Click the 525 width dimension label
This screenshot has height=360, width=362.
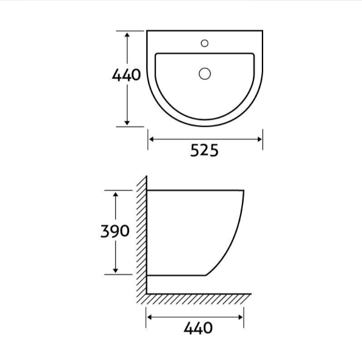point(204,151)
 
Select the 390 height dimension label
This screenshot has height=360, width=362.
point(114,231)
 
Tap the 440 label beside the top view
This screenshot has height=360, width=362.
point(126,75)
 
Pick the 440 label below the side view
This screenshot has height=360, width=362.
point(198,328)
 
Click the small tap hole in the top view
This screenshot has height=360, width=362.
point(204,43)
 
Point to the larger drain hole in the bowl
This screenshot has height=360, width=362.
point(204,73)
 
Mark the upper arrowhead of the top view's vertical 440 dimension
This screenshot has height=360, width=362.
point(127,35)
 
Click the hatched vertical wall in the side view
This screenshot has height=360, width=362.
point(142,237)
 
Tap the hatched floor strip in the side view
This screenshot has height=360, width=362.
point(200,298)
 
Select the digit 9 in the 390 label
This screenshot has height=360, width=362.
point(114,231)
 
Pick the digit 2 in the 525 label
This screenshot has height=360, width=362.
point(204,151)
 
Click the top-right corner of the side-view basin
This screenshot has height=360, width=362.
point(244,191)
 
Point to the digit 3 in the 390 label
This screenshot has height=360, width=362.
point(104,231)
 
